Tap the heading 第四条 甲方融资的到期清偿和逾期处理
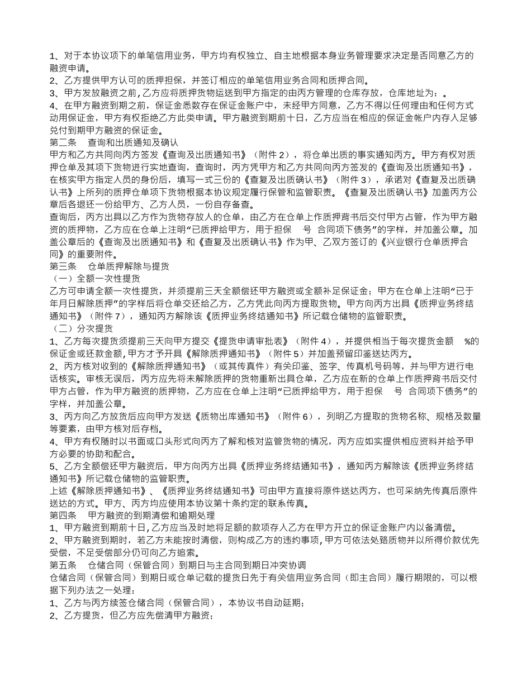pos(132,516)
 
